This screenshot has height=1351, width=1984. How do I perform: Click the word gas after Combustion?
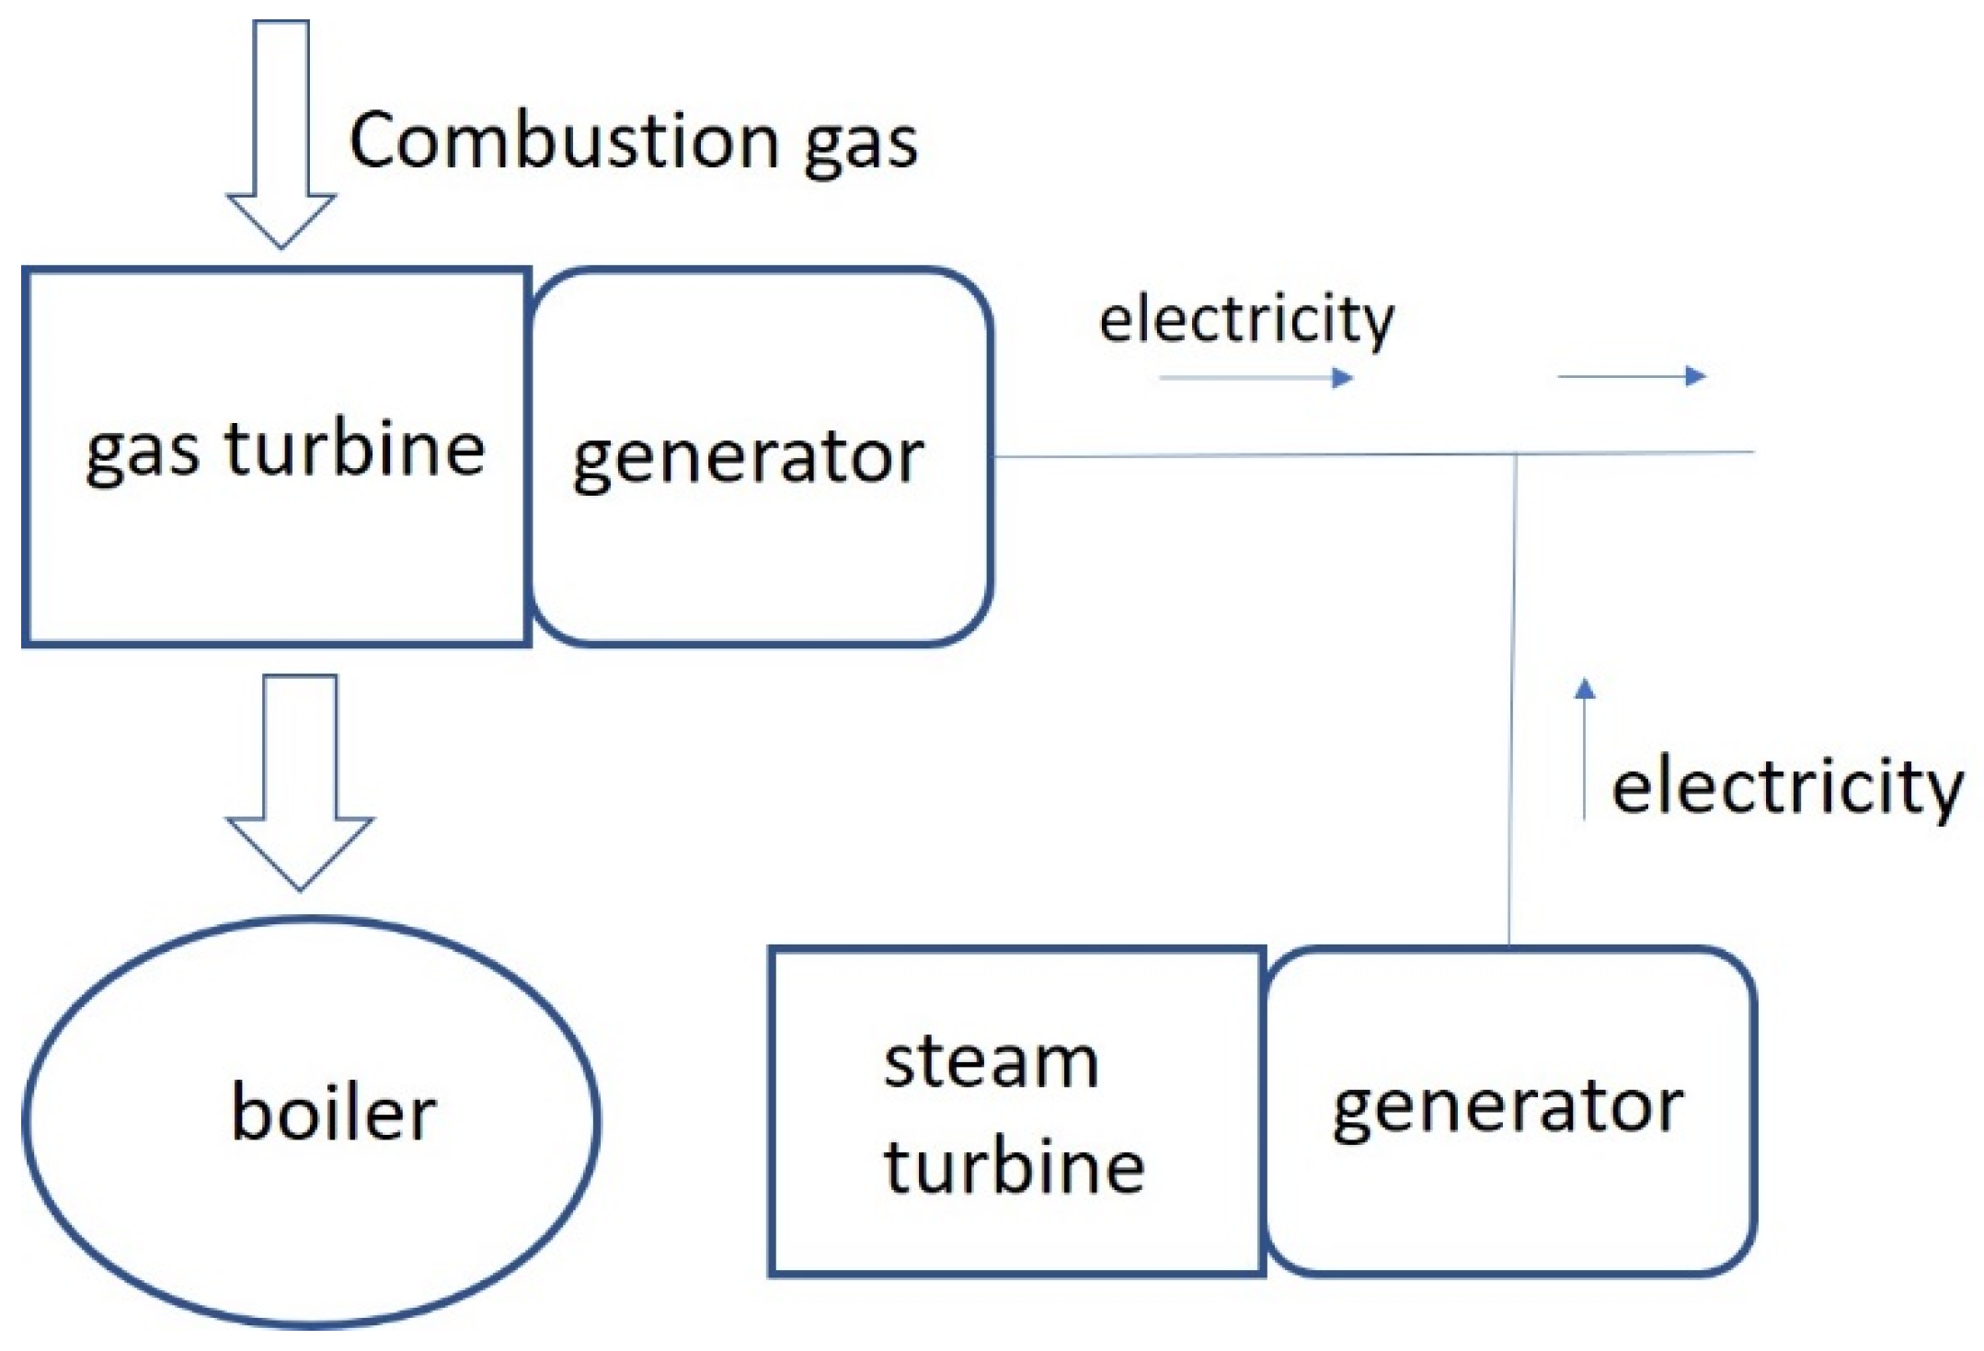point(860,147)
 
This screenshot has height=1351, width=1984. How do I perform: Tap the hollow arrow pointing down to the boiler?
point(300,781)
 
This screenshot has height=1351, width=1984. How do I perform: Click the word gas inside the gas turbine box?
point(142,455)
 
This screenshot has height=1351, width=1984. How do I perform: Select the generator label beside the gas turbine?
point(748,459)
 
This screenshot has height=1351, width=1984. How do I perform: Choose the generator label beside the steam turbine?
point(1508,1107)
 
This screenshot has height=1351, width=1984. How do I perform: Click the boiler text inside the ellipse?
point(333,1113)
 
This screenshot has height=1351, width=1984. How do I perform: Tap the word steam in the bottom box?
point(991,1063)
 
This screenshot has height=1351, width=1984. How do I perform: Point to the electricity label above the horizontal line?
point(1246,321)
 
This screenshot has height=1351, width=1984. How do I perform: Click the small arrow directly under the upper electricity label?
point(1256,377)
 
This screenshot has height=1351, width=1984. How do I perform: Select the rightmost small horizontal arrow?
point(1632,375)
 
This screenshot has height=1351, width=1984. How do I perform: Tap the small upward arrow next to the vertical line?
point(1584,750)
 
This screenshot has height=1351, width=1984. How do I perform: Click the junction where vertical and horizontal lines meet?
point(1516,453)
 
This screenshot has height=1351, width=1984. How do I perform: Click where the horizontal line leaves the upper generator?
point(997,455)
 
